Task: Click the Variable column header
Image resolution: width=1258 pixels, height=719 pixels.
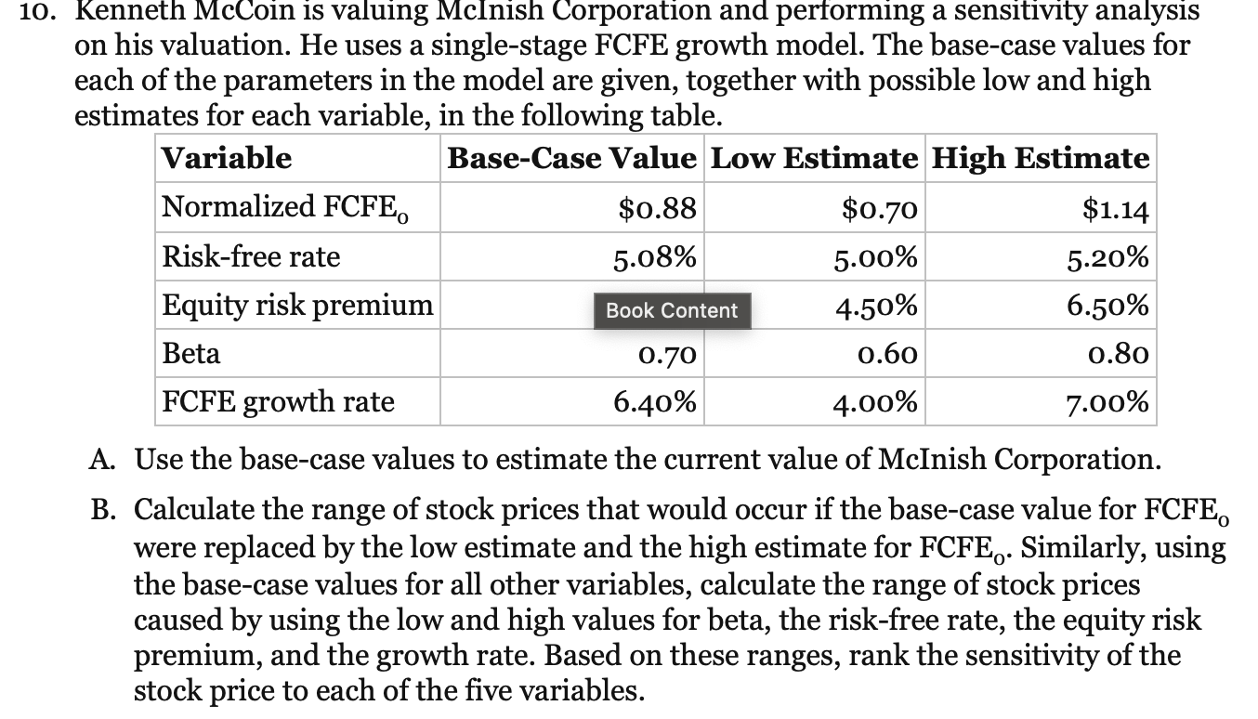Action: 227,158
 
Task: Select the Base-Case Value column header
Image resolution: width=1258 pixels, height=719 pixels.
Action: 570,158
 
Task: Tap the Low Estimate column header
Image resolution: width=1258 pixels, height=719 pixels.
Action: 814,158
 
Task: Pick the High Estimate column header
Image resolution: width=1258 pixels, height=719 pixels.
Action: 1040,158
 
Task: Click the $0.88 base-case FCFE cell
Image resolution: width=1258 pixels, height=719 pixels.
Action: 657,208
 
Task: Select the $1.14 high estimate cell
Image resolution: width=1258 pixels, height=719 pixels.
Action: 1116,208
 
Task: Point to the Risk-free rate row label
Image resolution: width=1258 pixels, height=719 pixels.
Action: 251,256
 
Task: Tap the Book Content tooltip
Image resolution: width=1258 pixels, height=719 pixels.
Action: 672,311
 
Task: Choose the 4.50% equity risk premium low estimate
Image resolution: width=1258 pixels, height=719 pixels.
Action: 878,305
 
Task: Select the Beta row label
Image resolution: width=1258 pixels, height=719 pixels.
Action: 191,353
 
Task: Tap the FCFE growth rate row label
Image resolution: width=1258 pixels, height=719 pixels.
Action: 278,402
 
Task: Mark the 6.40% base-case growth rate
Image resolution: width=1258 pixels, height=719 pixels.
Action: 654,402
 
